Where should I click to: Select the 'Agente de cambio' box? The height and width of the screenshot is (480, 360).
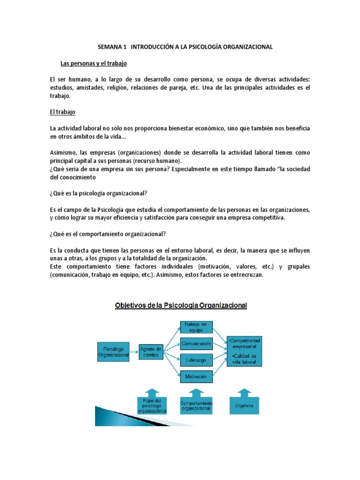[x=151, y=352]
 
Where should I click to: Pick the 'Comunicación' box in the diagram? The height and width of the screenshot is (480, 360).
[x=197, y=344]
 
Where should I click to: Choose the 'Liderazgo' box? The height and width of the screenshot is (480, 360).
[x=197, y=360]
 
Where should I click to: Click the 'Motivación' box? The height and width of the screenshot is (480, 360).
[x=197, y=376]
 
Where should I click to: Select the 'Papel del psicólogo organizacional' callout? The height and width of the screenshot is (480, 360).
[x=152, y=405]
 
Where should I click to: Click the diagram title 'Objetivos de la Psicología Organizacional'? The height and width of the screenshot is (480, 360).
[x=181, y=306]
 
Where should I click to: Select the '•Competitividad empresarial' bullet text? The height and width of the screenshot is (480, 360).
[x=245, y=342]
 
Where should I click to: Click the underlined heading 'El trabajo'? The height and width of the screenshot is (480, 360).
[x=62, y=112]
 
